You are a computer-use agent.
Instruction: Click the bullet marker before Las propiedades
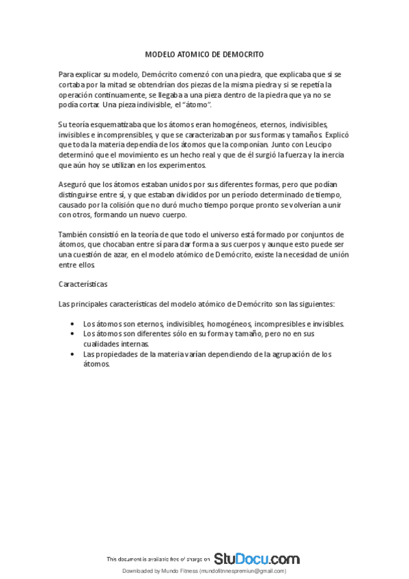click(x=74, y=354)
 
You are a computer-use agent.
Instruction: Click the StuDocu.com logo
click(x=257, y=558)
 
